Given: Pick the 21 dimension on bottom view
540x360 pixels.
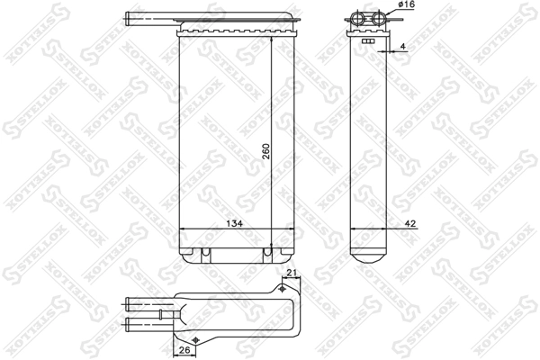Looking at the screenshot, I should coord(290,274).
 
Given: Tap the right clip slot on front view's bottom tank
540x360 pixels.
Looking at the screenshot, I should coord(266,253).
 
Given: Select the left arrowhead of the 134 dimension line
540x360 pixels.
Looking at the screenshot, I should coord(184,229).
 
